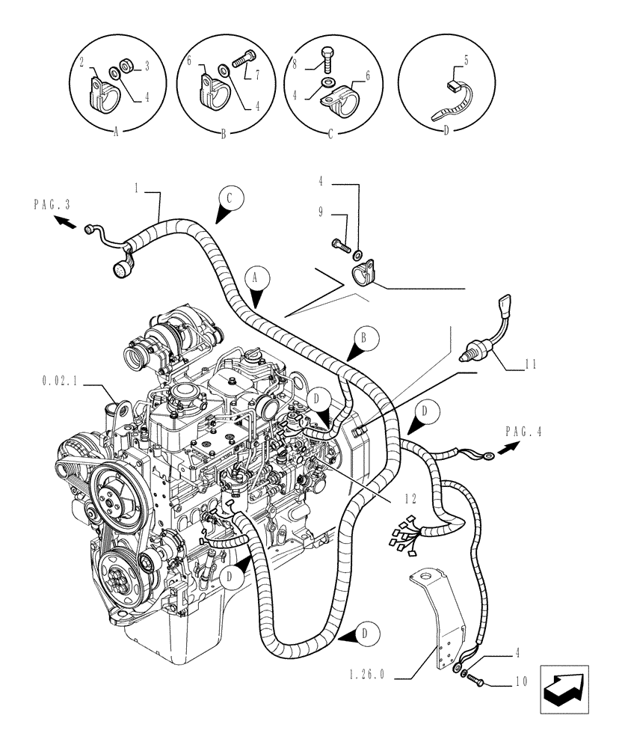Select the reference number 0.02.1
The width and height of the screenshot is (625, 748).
[x=61, y=381]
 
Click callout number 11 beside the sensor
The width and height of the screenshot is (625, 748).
[x=532, y=366]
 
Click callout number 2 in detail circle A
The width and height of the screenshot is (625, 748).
[x=81, y=62]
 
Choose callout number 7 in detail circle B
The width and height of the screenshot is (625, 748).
[x=256, y=76]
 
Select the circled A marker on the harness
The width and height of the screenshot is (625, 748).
[x=256, y=278]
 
